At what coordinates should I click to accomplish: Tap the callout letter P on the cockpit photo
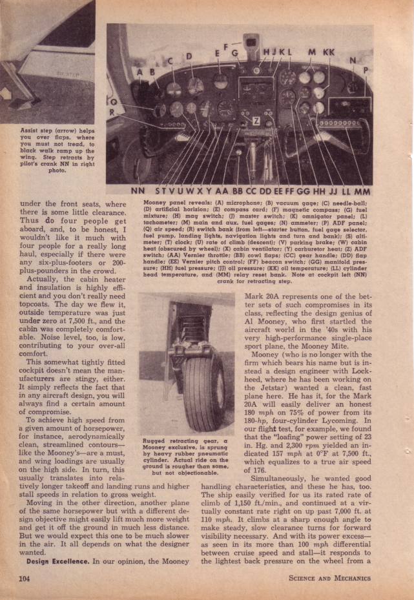[367, 71]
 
